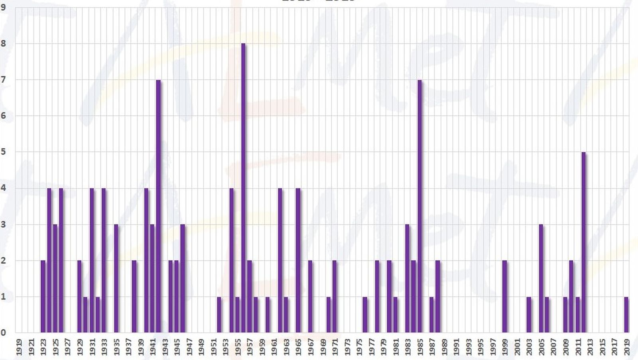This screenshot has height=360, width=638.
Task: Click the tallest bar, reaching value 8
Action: point(243,187)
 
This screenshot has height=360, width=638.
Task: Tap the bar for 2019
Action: point(626,315)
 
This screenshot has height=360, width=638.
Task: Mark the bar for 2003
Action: point(529,315)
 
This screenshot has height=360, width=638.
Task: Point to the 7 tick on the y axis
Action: point(4,79)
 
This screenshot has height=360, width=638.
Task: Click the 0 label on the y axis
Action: point(4,332)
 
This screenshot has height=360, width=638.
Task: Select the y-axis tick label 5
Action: point(4,152)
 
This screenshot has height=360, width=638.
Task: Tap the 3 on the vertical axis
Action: point(4,224)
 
